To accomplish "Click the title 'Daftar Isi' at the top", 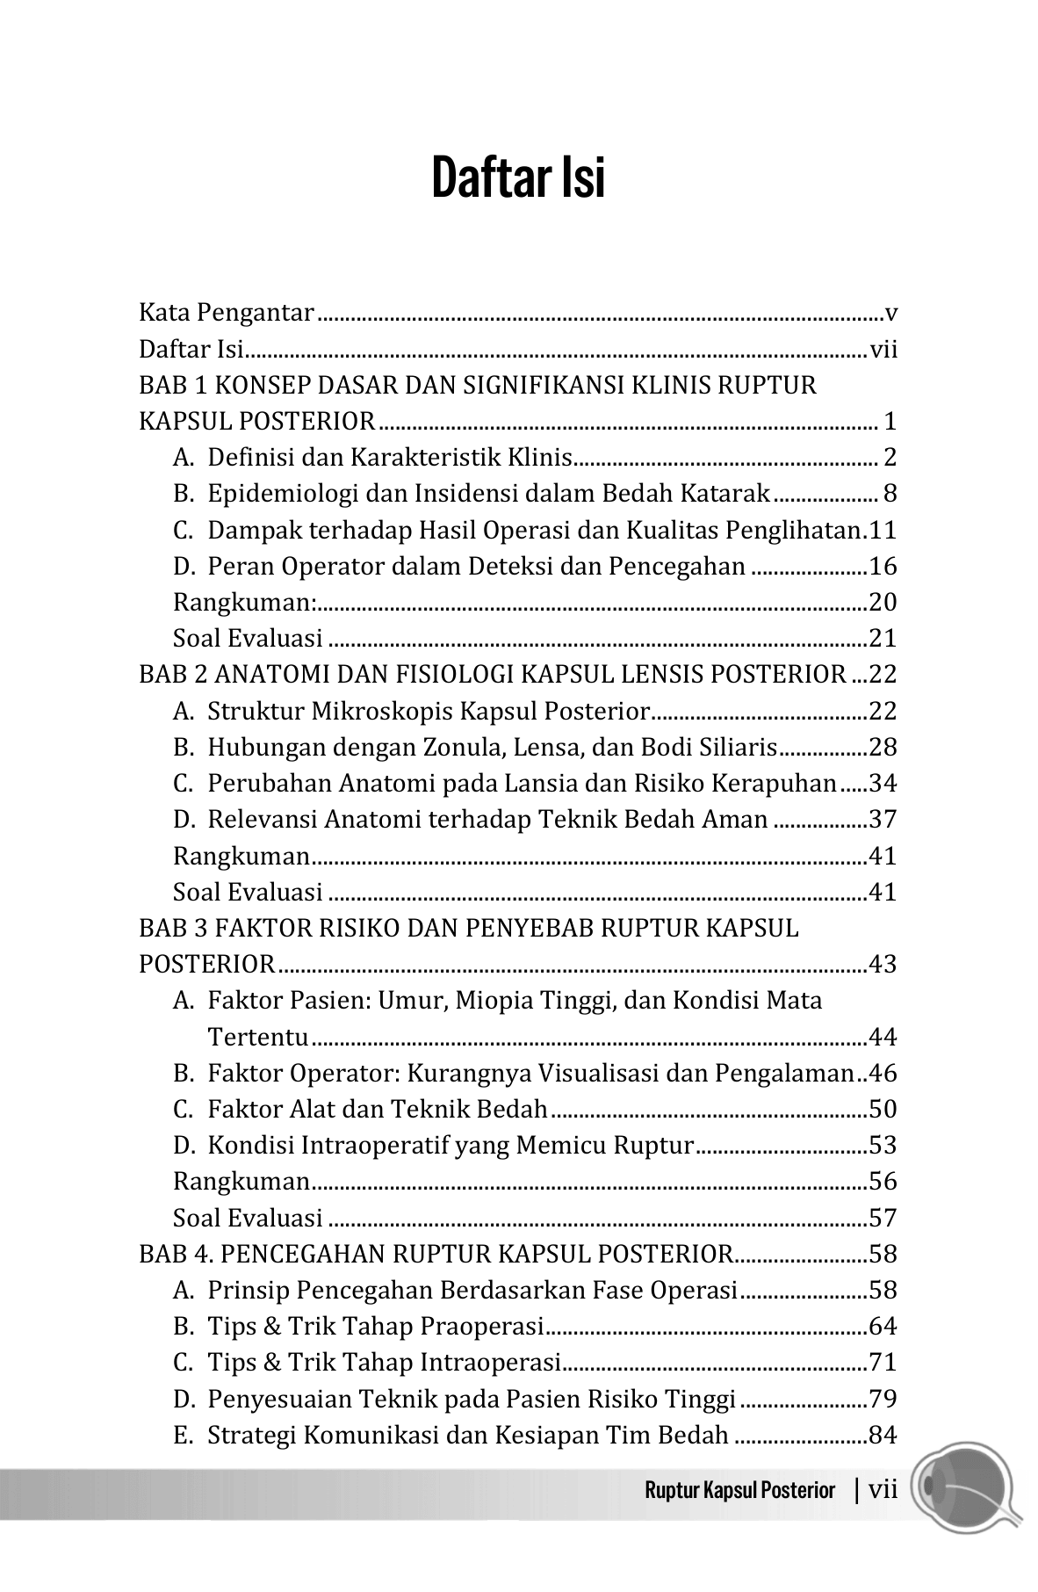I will click(518, 178).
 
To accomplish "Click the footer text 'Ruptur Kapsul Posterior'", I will click(739, 1490).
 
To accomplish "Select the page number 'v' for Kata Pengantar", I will click(890, 313).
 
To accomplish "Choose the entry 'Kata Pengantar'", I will click(227, 313).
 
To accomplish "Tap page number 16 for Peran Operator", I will click(882, 567).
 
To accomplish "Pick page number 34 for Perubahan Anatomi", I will click(882, 784).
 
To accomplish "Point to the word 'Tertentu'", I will click(257, 1038).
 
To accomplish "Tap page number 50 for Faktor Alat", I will click(882, 1110).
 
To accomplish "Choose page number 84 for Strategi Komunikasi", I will click(882, 1436).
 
